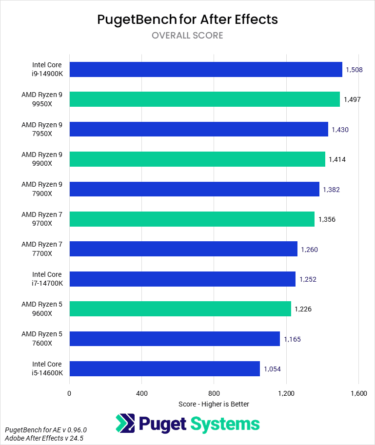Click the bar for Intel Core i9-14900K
(206, 69)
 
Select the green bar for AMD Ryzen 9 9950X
(205, 99)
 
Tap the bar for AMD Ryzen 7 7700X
(183, 249)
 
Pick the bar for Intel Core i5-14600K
(165, 368)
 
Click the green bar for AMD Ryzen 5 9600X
(180, 309)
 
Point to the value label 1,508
(354, 70)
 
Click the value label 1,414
(337, 159)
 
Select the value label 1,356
(327, 219)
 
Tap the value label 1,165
(292, 339)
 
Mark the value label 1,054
(272, 369)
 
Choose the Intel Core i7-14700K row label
(47, 279)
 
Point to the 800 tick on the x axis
(214, 393)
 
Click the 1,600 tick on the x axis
(358, 393)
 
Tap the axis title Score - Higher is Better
(214, 404)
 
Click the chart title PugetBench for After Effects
(187, 19)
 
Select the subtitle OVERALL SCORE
(187, 36)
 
